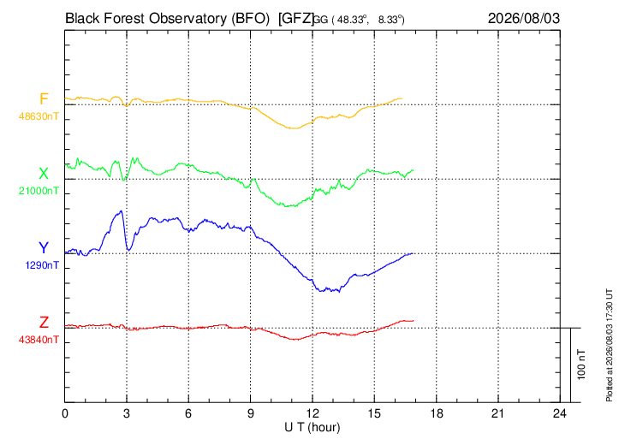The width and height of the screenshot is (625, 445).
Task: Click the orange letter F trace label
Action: pos(44,98)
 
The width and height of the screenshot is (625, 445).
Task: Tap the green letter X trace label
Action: pos(44,174)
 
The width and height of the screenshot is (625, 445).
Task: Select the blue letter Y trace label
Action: pos(44,248)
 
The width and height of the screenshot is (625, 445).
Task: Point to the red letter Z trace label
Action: pos(44,322)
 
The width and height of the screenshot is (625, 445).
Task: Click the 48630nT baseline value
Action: pos(39,116)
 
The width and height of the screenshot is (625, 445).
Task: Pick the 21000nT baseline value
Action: pos(39,191)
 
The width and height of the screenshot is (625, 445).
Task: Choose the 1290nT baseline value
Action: pos(42,265)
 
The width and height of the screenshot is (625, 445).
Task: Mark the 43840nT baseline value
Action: pos(39,340)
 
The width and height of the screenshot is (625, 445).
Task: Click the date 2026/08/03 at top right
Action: pos(524,18)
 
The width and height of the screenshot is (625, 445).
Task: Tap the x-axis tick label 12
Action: pos(312,413)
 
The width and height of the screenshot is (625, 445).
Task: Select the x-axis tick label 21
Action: pos(498,413)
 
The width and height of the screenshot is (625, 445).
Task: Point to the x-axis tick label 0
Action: pos(65,413)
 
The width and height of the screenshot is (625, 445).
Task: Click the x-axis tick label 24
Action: pos(560,413)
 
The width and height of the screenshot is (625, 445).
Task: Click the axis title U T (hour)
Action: pos(312,428)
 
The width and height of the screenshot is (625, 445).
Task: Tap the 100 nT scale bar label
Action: pos(581,365)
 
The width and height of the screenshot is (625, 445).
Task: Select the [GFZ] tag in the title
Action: pos(296,18)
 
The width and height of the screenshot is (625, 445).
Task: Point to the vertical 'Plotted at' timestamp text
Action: pos(609,345)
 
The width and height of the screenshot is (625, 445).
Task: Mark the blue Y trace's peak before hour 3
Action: pos(121,211)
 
